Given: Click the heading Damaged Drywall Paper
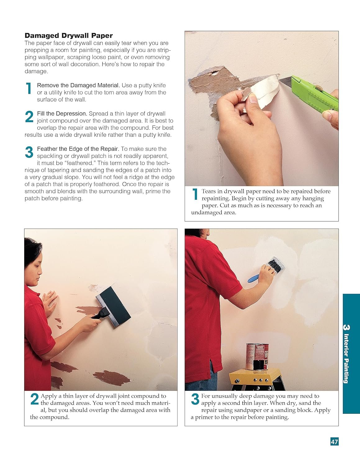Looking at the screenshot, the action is (69, 35).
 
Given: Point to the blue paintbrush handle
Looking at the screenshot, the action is (254, 278).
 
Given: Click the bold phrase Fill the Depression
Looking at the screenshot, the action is (62, 113).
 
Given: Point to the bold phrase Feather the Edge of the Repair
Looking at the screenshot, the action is (78, 149).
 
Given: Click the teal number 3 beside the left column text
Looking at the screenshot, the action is (29, 152).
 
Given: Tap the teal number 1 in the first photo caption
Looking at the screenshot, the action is (195, 194).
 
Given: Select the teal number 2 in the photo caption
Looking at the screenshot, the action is (34, 399).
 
